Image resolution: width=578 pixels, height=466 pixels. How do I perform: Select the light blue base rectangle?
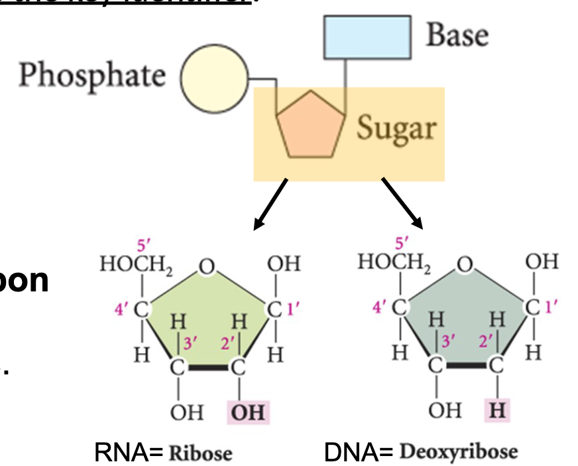click(366, 37)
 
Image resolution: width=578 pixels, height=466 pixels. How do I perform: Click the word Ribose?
click(200, 453)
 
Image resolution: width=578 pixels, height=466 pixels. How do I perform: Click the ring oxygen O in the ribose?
click(207, 268)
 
